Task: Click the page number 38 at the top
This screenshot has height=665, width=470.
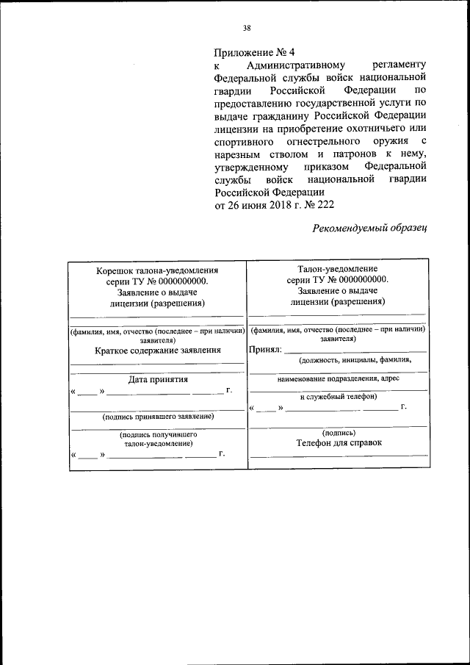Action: click(x=247, y=29)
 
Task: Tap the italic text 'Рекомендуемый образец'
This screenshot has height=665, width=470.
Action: click(x=369, y=229)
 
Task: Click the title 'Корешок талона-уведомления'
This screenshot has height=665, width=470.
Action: click(x=157, y=270)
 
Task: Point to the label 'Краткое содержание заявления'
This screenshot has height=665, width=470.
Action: click(x=157, y=351)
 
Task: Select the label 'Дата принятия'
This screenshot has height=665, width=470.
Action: click(x=158, y=380)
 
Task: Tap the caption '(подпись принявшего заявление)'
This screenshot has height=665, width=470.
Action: click(x=157, y=417)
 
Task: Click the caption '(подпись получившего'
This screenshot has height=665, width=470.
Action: click(x=158, y=435)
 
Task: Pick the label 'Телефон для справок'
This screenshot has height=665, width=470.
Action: click(x=339, y=443)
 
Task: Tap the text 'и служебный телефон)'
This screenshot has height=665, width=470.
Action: click(x=339, y=397)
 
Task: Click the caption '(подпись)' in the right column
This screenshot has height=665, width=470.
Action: click(x=339, y=433)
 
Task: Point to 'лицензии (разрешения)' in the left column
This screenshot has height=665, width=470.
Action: click(x=158, y=302)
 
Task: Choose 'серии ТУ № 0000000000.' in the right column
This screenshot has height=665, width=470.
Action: click(x=338, y=279)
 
